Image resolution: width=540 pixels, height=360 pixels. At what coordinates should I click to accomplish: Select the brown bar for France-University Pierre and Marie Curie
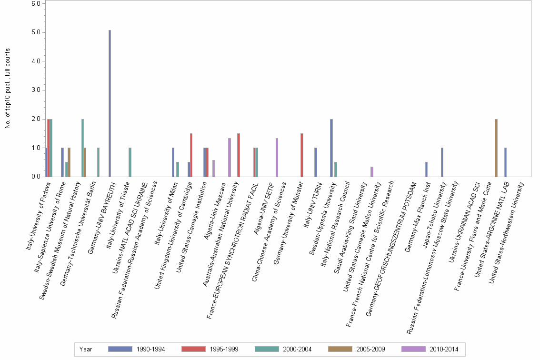(496, 148)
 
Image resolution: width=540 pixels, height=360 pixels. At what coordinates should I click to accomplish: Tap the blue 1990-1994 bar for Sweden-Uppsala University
(331, 148)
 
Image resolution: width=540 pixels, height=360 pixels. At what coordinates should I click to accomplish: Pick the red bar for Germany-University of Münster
(302, 155)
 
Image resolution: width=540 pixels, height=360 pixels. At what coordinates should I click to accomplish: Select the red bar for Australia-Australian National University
(239, 155)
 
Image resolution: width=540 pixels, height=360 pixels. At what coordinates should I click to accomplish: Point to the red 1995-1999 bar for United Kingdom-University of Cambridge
(191, 155)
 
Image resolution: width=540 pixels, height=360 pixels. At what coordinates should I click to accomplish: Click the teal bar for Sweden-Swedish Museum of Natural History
(82, 148)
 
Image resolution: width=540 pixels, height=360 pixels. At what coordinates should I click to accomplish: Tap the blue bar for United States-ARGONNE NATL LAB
(505, 162)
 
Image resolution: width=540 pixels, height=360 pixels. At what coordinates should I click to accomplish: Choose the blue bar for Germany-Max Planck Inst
(426, 170)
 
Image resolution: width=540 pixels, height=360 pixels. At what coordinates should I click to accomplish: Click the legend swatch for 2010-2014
(414, 350)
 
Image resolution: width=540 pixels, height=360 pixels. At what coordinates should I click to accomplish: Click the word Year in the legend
(86, 350)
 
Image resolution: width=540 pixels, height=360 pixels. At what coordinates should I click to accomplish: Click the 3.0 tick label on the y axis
(36, 90)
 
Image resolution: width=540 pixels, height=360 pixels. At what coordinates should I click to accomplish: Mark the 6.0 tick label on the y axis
(36, 3)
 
